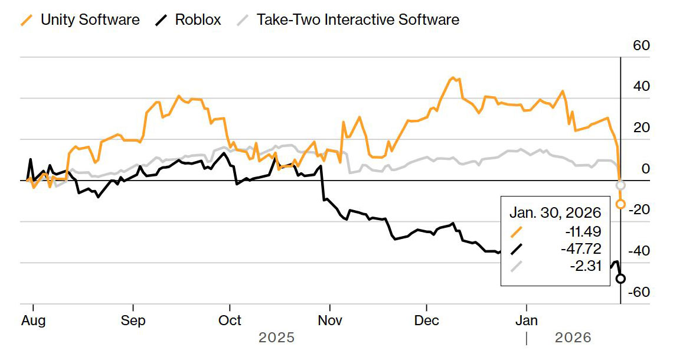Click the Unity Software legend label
point(90,19)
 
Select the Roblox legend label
point(198,19)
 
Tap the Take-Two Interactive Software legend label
point(358,19)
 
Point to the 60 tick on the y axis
point(641,45)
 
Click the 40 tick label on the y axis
point(641,87)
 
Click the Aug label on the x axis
point(33,320)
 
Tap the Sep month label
point(133,320)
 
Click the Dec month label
point(427,320)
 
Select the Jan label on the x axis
point(527,320)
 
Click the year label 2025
point(276,338)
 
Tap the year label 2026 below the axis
point(573,338)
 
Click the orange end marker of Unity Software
point(620,204)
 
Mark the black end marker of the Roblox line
point(620,279)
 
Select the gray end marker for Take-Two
point(620,185)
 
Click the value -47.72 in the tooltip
point(581,248)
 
